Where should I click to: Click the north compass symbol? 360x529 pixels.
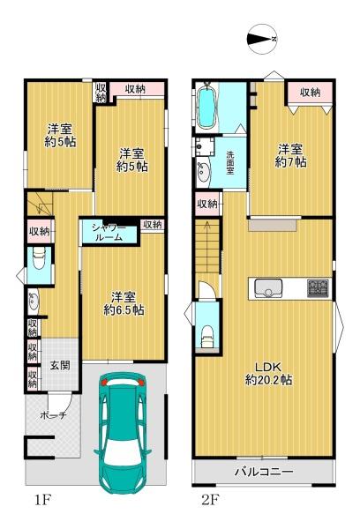point(263,39)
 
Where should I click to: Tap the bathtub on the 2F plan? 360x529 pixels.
point(206,107)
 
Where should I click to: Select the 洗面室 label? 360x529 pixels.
point(230,162)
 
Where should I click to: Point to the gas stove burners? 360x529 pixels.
point(318,288)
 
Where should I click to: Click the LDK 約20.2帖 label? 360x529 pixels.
point(268,374)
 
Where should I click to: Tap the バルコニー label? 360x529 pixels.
point(264,472)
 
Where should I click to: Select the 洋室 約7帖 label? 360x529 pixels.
point(290,155)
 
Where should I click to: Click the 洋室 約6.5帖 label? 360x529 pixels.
point(124,303)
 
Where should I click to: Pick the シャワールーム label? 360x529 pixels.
point(109,233)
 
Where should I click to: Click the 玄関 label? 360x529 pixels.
point(60,365)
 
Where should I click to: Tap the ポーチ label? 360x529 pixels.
point(53,415)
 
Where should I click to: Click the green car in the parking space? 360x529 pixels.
point(123,433)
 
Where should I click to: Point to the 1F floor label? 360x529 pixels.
point(42,500)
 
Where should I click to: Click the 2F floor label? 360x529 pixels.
point(210,500)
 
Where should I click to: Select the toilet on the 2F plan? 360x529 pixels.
point(207,335)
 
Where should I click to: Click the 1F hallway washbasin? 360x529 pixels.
point(34,301)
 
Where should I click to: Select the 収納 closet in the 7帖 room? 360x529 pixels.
point(310,93)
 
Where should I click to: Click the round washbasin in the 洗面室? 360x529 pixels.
point(204,173)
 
